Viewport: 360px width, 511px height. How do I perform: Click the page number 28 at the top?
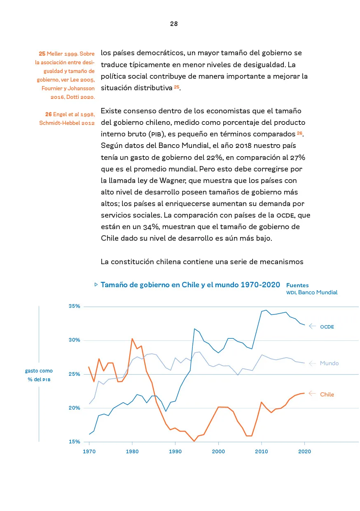click(x=174, y=24)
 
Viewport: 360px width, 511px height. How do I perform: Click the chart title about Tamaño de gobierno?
click(x=190, y=285)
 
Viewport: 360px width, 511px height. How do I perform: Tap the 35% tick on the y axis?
click(x=75, y=307)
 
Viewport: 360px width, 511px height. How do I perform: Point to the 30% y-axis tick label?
click(x=75, y=340)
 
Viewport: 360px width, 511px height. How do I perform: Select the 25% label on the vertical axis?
click(x=75, y=374)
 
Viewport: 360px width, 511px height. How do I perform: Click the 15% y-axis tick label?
click(x=75, y=442)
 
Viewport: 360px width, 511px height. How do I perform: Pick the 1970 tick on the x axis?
click(x=89, y=451)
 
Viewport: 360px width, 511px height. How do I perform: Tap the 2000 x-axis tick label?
click(x=218, y=451)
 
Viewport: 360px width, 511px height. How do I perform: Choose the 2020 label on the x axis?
click(x=304, y=451)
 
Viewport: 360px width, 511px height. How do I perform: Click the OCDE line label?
click(x=327, y=327)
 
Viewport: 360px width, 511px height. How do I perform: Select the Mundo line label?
click(x=329, y=363)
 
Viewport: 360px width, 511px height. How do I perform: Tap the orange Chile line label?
click(x=327, y=394)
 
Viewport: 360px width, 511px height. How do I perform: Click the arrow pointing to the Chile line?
click(x=312, y=393)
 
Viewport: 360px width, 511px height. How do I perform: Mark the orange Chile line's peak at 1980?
click(x=132, y=339)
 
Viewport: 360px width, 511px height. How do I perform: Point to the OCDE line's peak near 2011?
click(x=266, y=310)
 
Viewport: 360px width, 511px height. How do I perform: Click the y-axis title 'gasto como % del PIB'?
click(x=39, y=375)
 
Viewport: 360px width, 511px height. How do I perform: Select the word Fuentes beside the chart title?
click(x=297, y=285)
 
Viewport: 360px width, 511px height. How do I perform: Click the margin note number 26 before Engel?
click(x=48, y=114)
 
